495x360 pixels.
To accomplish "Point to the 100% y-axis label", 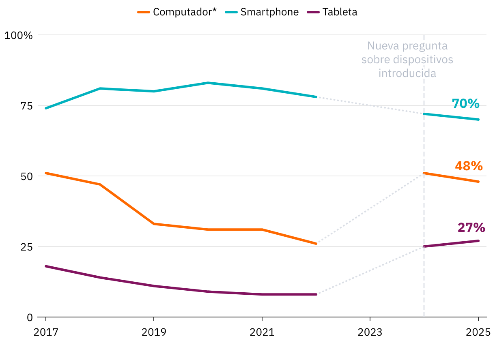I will click(x=18, y=35).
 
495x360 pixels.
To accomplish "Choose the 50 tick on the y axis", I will click(x=24, y=176).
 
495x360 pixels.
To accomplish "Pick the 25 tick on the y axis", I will click(x=24, y=247).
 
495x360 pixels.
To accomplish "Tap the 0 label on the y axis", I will click(x=30, y=317).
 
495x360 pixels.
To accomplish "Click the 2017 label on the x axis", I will click(x=45, y=333).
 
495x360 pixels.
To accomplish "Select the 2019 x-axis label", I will click(x=154, y=333).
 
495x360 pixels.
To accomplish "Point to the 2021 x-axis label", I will click(x=262, y=333).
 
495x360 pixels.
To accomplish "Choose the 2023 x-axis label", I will click(x=370, y=333).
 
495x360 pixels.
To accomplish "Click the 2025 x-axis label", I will click(x=478, y=333).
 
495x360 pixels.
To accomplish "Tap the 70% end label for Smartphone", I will click(x=466, y=104).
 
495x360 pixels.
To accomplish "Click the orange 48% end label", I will click(x=469, y=166).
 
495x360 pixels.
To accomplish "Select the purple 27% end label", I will click(x=471, y=228).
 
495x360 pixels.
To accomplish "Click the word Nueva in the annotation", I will click(x=383, y=45).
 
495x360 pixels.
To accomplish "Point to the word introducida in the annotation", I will click(x=407, y=73).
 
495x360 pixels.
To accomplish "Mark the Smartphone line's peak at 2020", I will click(x=208, y=83).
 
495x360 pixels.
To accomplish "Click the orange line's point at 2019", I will click(x=154, y=224).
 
